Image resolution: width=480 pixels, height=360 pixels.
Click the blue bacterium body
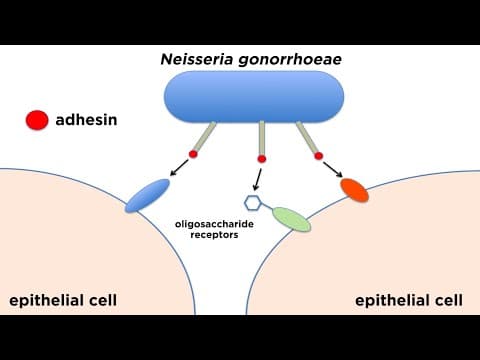[254, 97]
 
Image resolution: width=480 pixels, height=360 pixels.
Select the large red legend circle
[38, 121]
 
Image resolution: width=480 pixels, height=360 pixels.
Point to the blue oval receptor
[148, 195]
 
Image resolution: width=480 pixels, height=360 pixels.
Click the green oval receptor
[292, 218]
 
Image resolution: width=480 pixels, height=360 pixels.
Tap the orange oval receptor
[354, 187]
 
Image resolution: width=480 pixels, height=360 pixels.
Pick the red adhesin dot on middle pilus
[262, 159]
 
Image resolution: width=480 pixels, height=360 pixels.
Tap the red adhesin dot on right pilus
[320, 155]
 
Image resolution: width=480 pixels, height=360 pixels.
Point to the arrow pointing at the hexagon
[258, 180]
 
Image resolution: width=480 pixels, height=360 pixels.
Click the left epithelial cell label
[61, 300]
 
